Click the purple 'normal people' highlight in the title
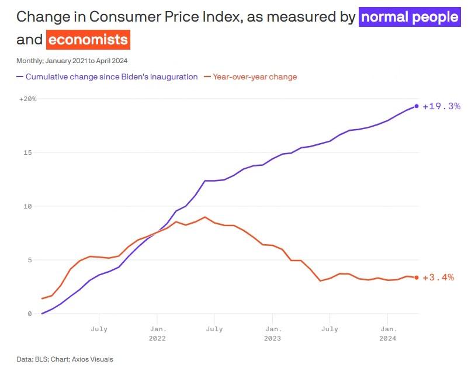pos(409,17)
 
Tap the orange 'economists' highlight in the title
pos(88,40)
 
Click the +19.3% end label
pos(442,106)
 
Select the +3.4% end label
pos(438,277)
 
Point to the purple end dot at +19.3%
pos(417,106)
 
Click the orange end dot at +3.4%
pos(417,277)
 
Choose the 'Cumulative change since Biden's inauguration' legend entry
pos(108,77)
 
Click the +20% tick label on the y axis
pos(27,99)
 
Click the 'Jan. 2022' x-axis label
pos(157,334)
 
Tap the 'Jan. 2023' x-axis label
pos(272,334)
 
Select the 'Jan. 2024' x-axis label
pos(388,334)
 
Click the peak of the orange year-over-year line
pos(204,217)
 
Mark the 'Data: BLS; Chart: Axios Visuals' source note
pos(65,359)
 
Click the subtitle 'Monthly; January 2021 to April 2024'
pos(72,60)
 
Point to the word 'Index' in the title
pos(217,17)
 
